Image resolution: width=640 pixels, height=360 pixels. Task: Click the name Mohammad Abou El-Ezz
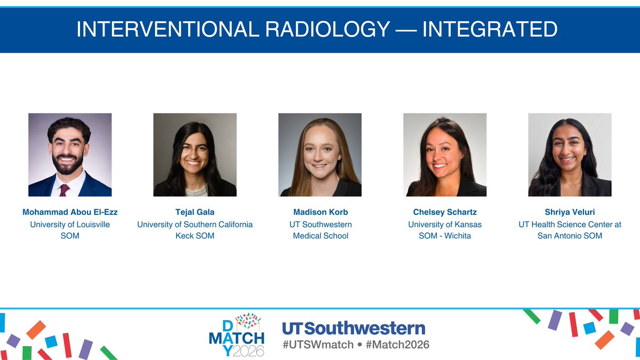click(70, 212)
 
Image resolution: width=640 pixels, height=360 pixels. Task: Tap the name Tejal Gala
click(195, 212)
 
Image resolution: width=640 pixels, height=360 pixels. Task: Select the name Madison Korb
click(320, 212)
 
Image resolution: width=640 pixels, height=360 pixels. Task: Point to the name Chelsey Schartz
click(445, 212)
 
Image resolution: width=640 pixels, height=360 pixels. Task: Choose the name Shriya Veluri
click(570, 212)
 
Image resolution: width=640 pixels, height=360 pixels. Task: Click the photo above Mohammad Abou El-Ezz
click(70, 155)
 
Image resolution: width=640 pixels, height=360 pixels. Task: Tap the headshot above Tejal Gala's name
click(195, 155)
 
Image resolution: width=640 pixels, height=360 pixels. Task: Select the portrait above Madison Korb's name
click(320, 155)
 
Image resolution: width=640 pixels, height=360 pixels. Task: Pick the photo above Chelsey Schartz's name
click(445, 155)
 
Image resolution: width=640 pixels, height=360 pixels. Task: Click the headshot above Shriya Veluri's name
click(570, 155)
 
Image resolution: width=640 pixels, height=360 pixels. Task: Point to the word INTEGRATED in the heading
click(490, 29)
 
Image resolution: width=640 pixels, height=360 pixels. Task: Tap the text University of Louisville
click(70, 225)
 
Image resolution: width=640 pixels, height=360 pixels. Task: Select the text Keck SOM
click(195, 236)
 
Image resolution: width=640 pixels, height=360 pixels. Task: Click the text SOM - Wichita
click(445, 236)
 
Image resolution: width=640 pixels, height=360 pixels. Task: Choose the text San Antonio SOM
click(570, 236)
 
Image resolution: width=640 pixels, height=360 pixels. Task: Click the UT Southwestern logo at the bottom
click(354, 328)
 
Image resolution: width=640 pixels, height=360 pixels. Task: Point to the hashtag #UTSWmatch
click(318, 345)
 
